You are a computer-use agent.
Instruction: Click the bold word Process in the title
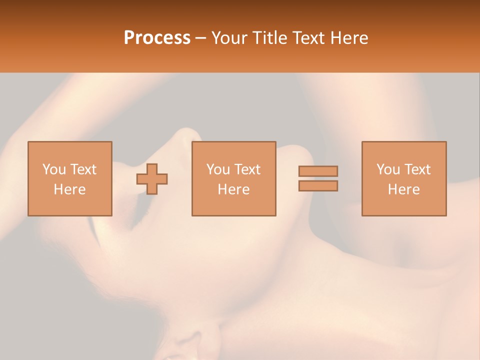coord(157,38)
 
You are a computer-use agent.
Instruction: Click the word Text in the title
coord(307,38)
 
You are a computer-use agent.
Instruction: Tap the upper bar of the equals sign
coord(318,171)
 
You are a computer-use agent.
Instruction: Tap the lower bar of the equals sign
coord(318,185)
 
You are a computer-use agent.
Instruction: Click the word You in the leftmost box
coord(54,169)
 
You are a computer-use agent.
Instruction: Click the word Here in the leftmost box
coord(70,189)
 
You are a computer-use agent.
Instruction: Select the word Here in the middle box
coord(234,189)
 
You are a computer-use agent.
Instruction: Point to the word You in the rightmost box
coord(388,169)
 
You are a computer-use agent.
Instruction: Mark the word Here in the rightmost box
coord(404,189)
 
